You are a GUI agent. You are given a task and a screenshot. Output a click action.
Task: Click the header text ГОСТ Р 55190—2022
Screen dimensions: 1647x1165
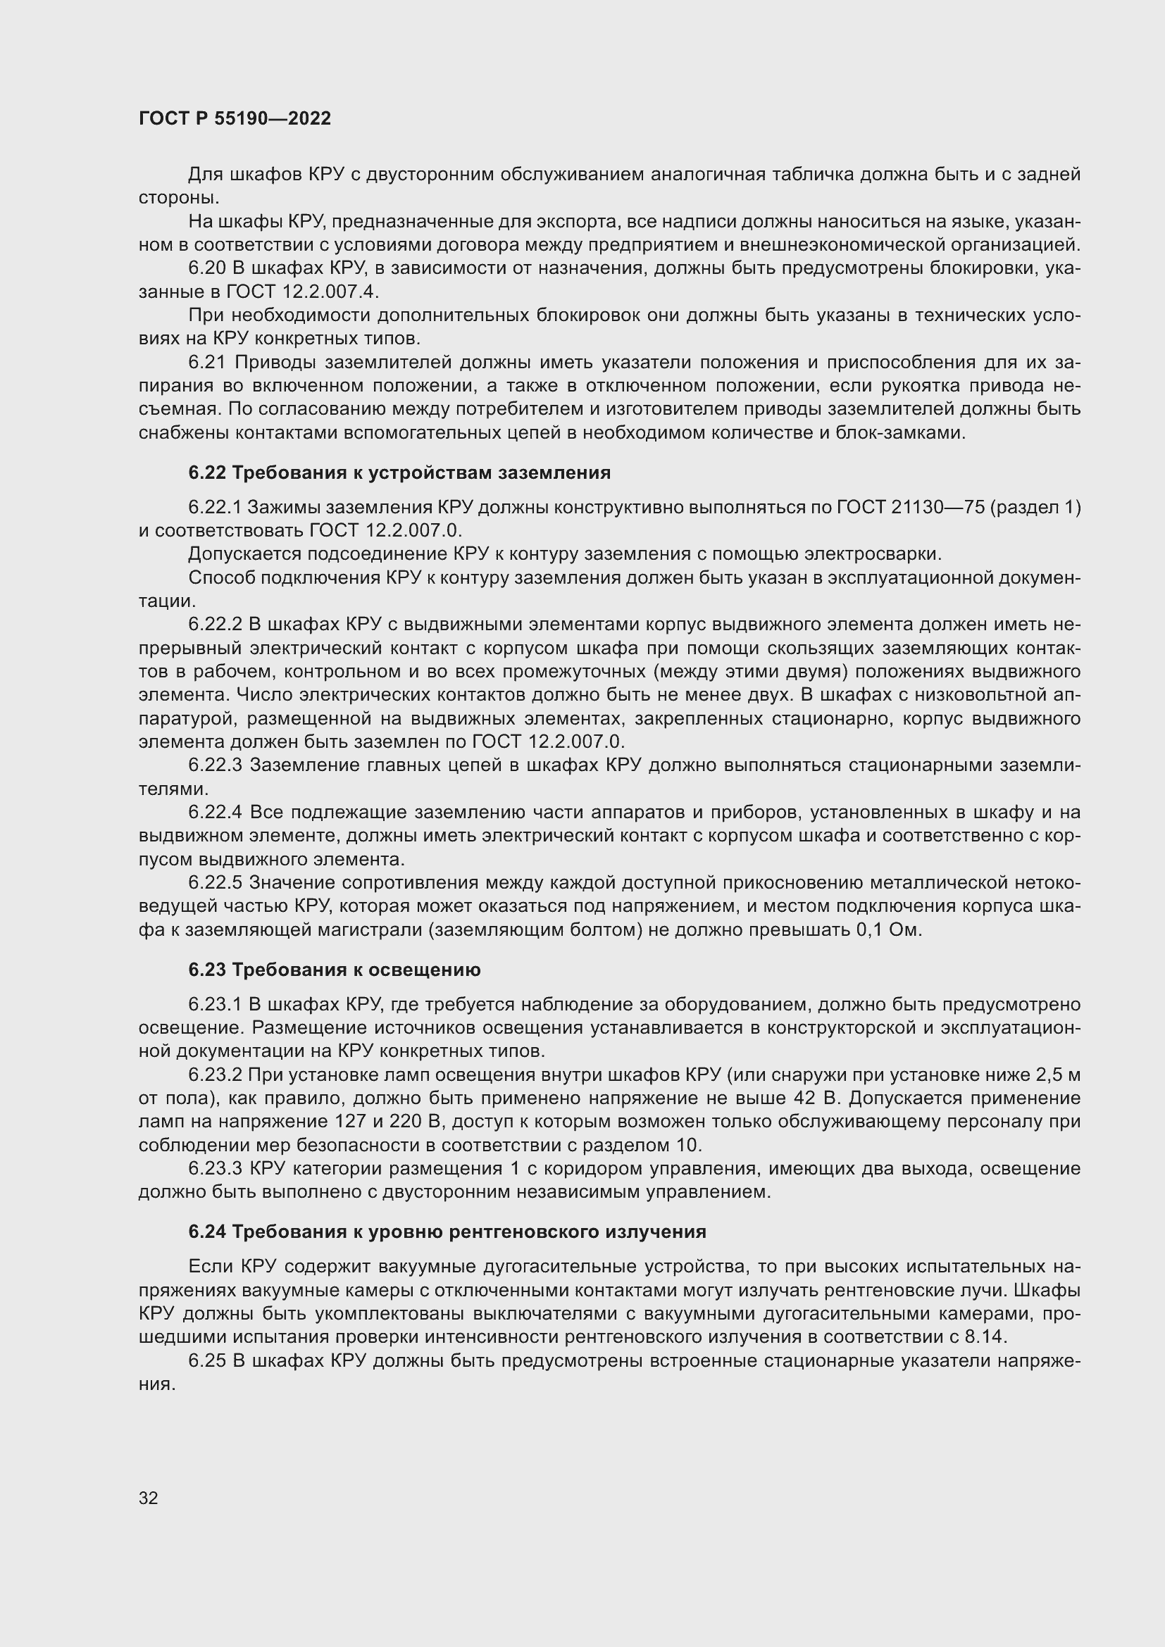coord(235,118)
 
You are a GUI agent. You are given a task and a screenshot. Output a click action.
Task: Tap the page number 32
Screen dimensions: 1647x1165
coord(149,1497)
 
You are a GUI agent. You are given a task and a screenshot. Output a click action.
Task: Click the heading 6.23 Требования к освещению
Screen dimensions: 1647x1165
coord(335,970)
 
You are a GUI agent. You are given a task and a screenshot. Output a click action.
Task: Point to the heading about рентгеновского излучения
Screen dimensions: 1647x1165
coord(447,1232)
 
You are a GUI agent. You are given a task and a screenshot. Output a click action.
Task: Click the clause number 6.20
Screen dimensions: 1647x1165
coord(207,268)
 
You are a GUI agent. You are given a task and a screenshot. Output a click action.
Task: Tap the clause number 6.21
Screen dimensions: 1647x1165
coord(207,362)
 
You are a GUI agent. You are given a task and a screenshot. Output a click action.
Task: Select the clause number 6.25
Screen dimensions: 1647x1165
coord(207,1361)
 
